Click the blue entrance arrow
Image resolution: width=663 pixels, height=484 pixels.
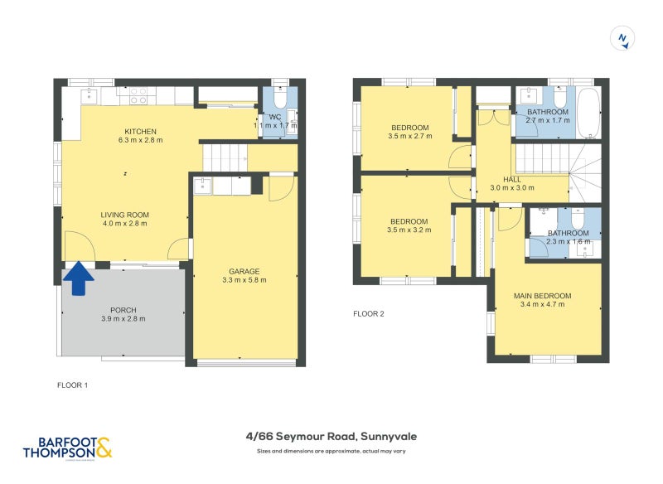(x=79, y=278)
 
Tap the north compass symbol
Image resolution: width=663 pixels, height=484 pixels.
(x=622, y=38)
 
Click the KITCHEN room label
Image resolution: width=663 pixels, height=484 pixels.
(x=140, y=132)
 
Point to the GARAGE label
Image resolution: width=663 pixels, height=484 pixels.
(x=244, y=271)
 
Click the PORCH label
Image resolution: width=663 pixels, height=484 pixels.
(x=123, y=310)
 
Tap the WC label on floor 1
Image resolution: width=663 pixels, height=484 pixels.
(x=274, y=118)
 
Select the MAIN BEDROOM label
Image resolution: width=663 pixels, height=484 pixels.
(x=542, y=296)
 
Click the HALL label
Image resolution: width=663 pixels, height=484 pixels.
(x=511, y=179)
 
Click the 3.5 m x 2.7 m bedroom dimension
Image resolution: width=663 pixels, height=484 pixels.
(x=409, y=136)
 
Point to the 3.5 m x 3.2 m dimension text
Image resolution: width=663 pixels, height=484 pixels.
(x=409, y=230)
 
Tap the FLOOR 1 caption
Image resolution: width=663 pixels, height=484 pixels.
(x=72, y=385)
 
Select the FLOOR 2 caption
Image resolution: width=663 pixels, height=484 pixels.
(x=369, y=314)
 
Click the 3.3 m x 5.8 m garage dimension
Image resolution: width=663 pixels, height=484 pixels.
(x=244, y=280)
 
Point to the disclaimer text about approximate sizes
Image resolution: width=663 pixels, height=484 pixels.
(x=331, y=452)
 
